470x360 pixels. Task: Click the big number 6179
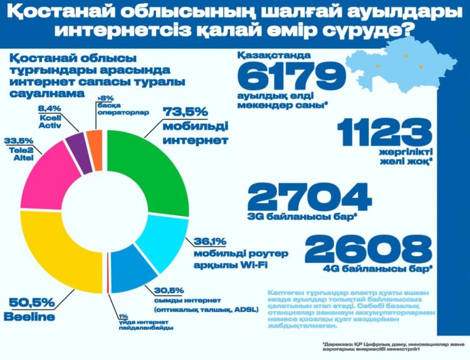pyautogui.click(x=292, y=78)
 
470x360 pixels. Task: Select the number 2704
pyautogui.click(x=310, y=197)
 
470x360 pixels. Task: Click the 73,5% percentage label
pyautogui.click(x=185, y=111)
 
